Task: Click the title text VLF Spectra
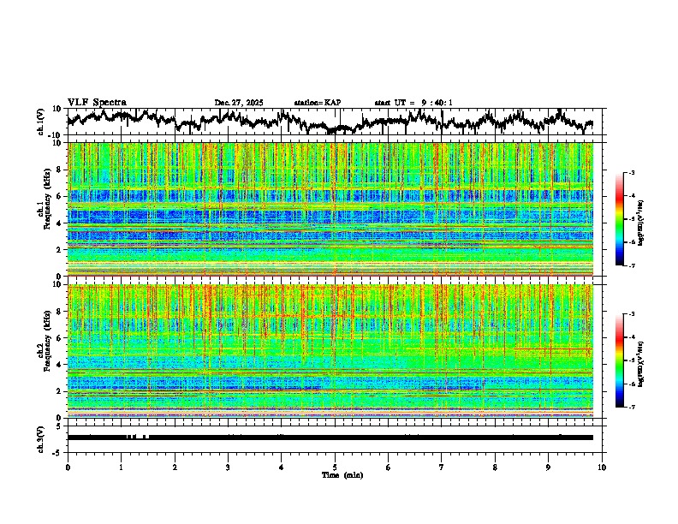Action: click(x=97, y=102)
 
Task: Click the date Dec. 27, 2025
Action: click(x=239, y=103)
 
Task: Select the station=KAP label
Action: click(x=318, y=103)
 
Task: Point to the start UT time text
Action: click(x=413, y=103)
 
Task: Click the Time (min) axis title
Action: click(x=342, y=474)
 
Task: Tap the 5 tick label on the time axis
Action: click(x=335, y=467)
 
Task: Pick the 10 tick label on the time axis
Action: click(x=602, y=467)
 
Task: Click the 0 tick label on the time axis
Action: click(x=68, y=467)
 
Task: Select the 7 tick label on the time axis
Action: click(x=442, y=467)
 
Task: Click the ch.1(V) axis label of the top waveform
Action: click(x=41, y=122)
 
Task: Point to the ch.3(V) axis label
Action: click(x=41, y=438)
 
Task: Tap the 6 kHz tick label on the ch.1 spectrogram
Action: click(x=61, y=196)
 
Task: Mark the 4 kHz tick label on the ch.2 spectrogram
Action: click(x=61, y=365)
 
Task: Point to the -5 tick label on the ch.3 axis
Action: click(x=59, y=451)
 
